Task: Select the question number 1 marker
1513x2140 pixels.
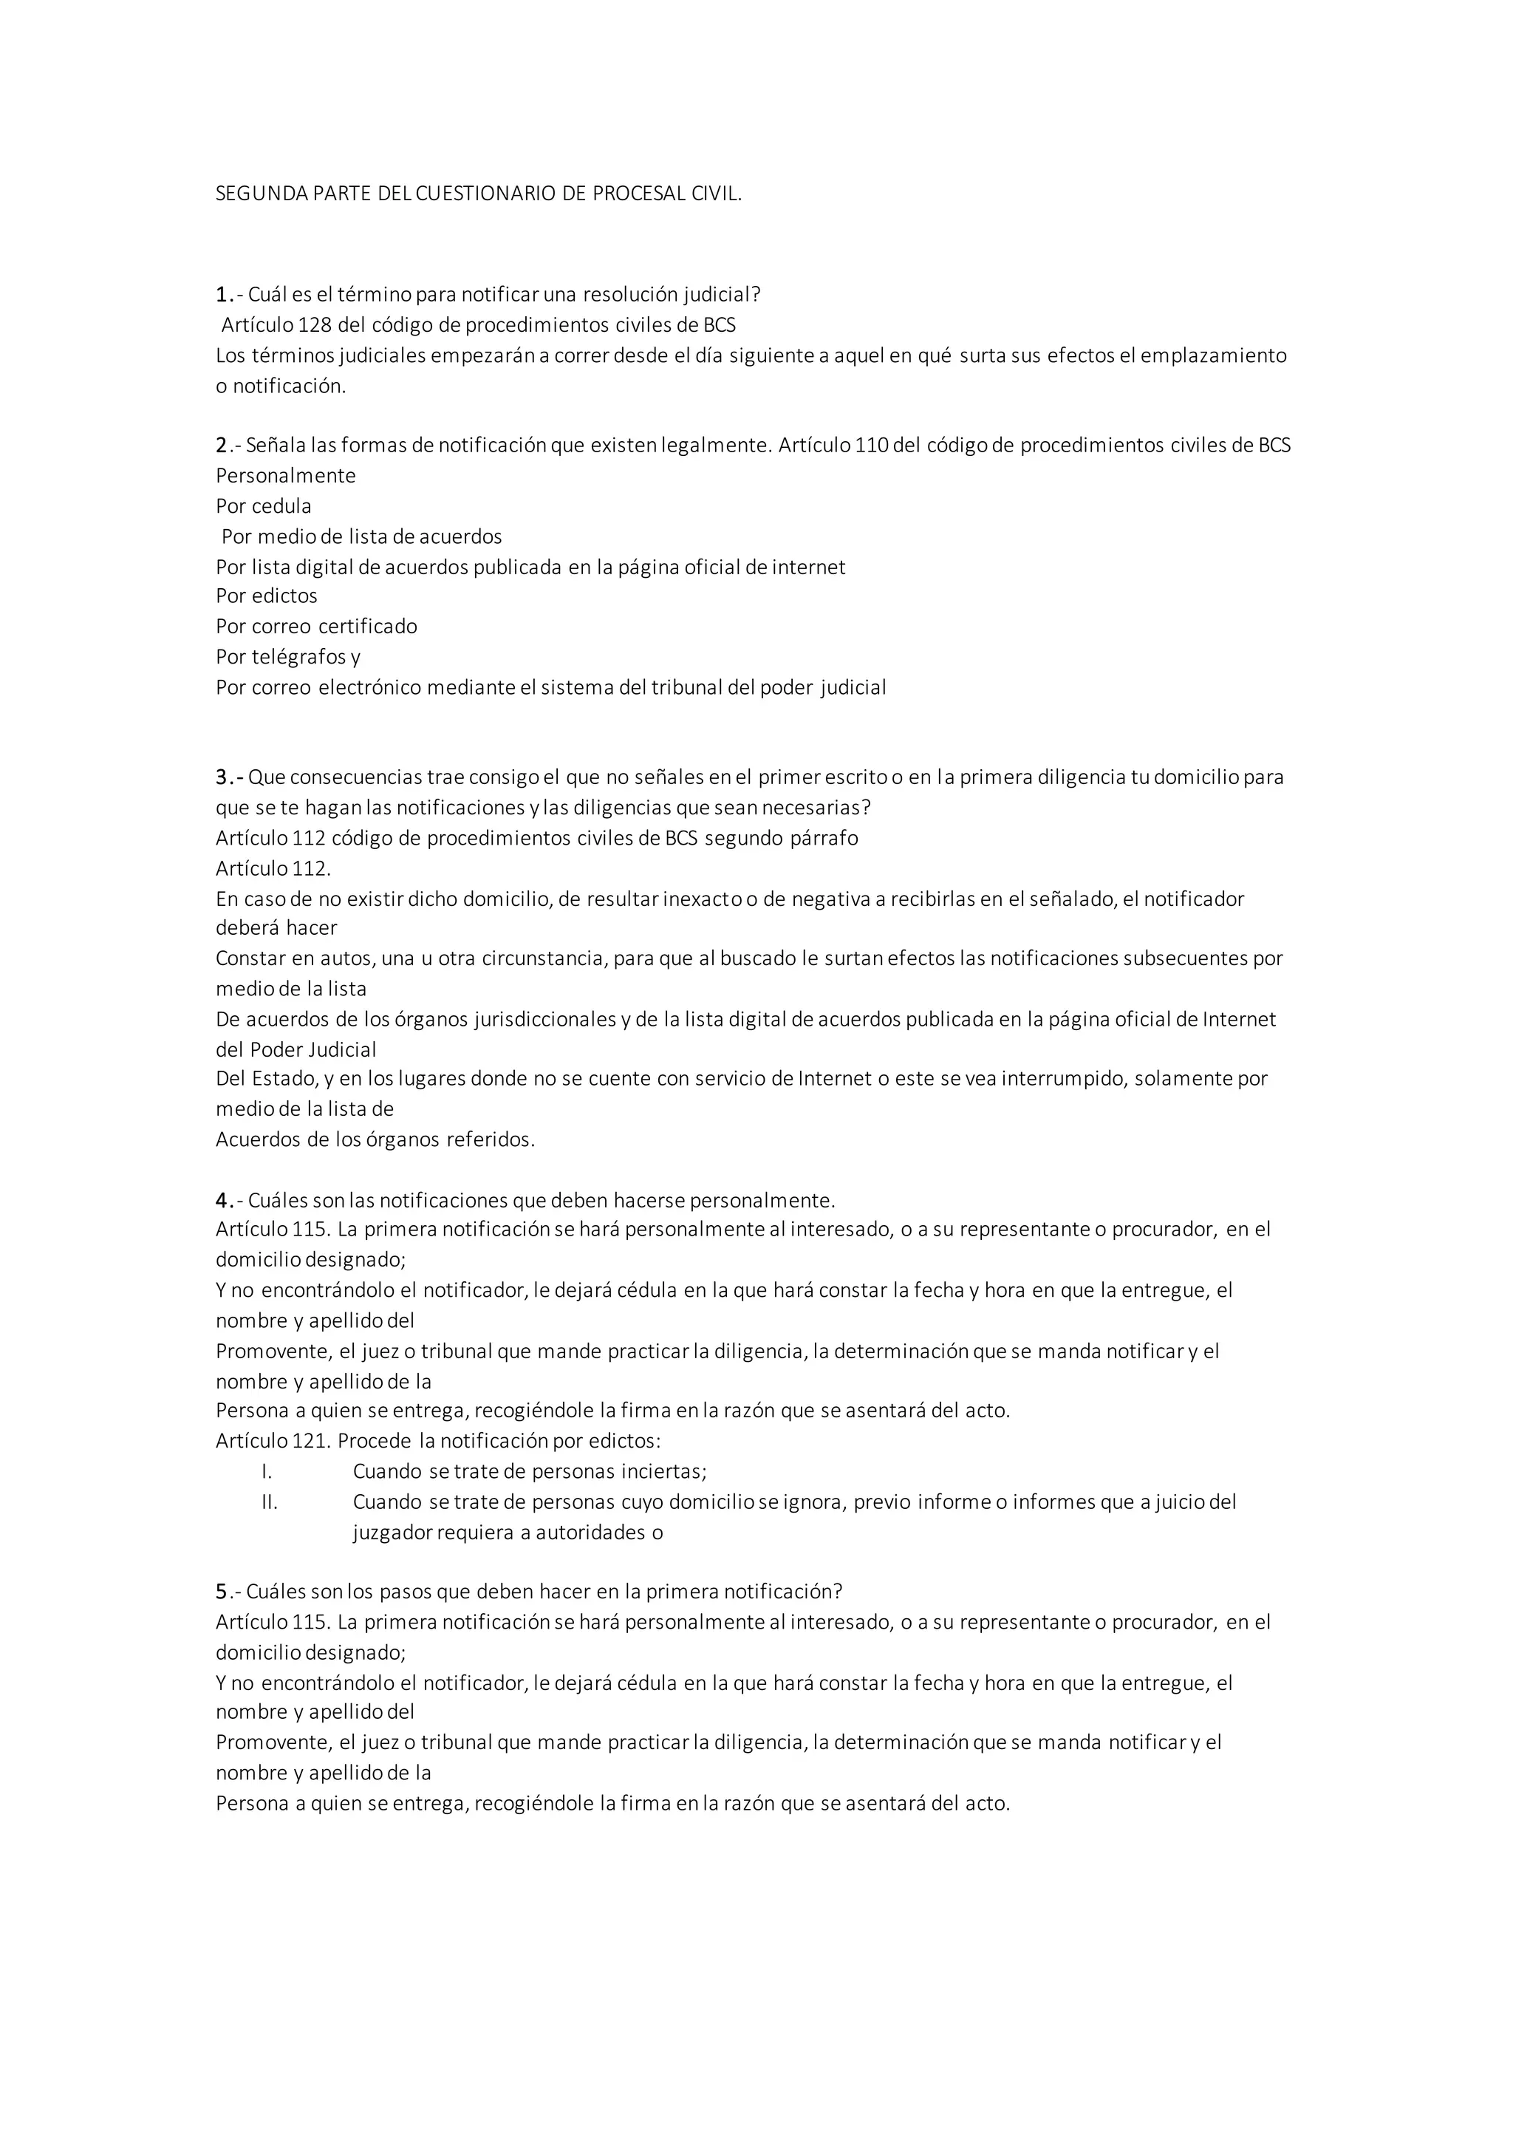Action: pos(222,296)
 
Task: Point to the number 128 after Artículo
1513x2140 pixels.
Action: pos(313,325)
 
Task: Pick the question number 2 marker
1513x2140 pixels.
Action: pos(222,446)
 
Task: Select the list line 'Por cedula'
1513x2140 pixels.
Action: pos(264,506)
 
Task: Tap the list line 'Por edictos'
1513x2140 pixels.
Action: pos(267,596)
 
